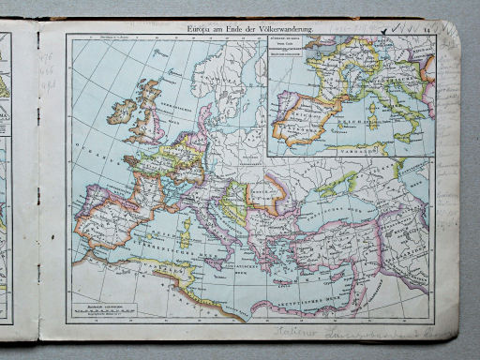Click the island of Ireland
pyautogui.click(x=123, y=110)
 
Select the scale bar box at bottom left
pyautogui.click(x=102, y=307)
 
